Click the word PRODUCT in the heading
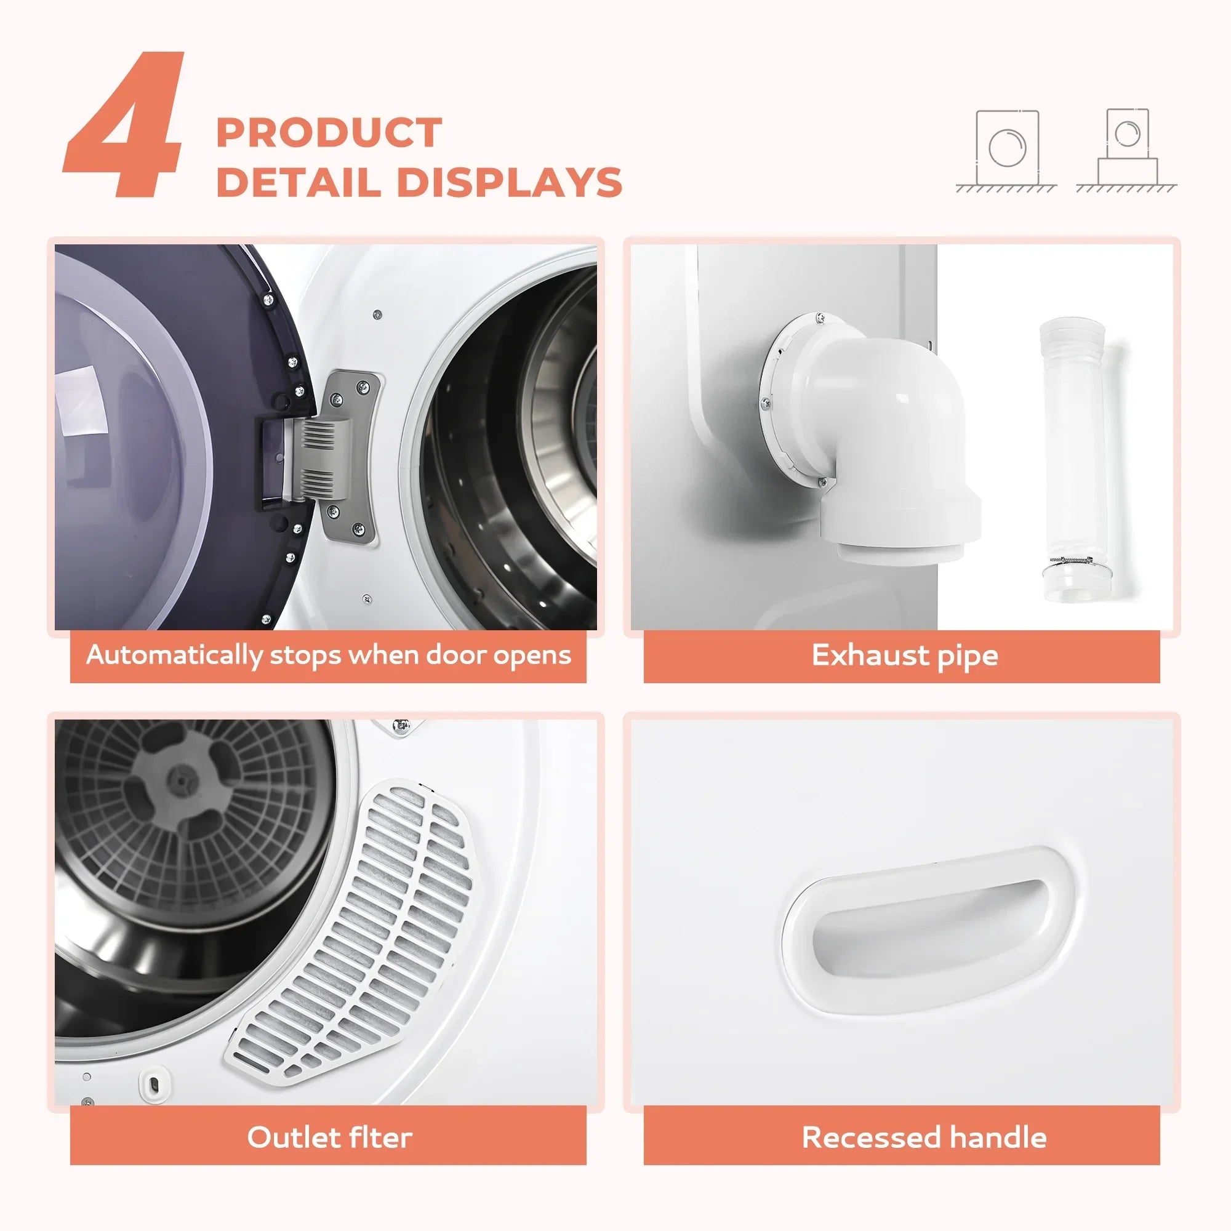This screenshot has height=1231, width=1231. tap(329, 132)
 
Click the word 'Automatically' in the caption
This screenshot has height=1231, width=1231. tap(174, 656)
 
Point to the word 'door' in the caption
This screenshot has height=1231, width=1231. tap(459, 655)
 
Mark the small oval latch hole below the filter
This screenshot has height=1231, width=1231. tap(153, 1085)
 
